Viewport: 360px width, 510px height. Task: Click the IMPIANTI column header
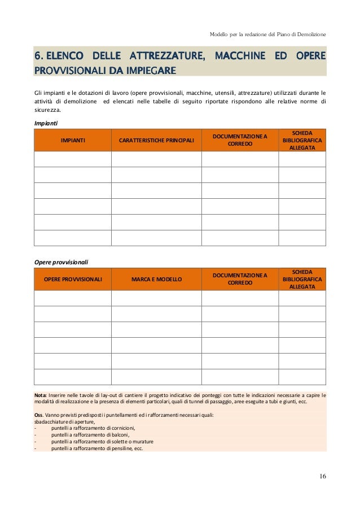point(73,140)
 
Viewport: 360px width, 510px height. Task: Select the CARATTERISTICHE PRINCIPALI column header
point(156,140)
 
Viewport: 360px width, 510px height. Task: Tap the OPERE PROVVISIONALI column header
point(73,279)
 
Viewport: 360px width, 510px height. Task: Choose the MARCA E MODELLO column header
point(156,279)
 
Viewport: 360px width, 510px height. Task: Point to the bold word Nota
point(41,395)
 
